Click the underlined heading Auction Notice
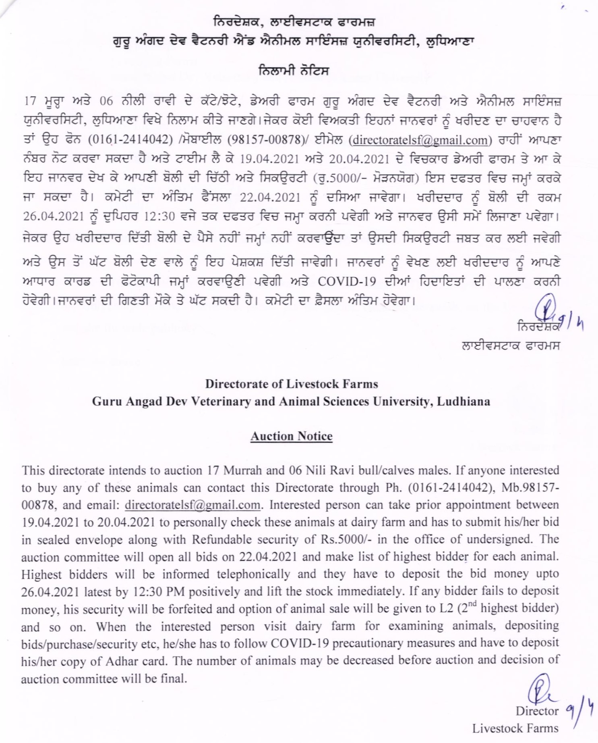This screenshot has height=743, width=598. coord(291,436)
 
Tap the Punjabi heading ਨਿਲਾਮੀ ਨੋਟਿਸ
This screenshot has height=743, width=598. coord(294,71)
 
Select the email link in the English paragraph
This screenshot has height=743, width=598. coord(192,505)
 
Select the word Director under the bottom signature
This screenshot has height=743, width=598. coord(537,711)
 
